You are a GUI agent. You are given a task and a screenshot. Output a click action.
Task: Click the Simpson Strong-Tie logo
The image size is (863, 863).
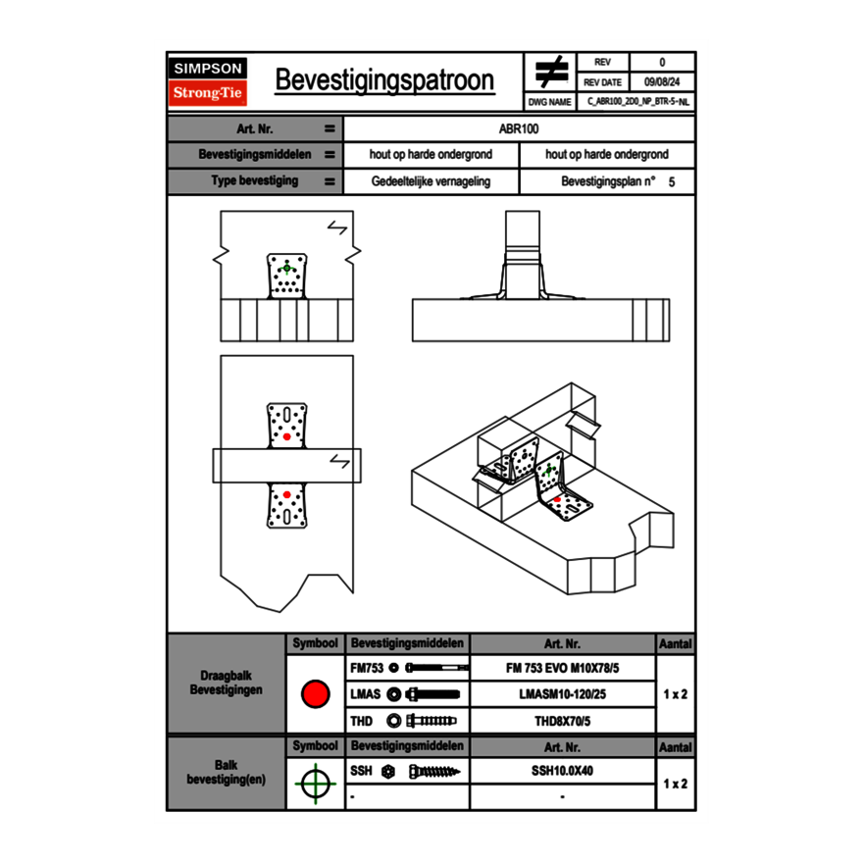pos(208,81)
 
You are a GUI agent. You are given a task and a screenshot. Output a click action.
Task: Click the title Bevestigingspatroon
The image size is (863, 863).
pos(384,80)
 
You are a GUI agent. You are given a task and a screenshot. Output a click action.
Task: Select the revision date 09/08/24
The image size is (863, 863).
pos(662,82)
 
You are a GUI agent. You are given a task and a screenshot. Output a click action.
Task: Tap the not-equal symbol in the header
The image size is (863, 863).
pos(551,72)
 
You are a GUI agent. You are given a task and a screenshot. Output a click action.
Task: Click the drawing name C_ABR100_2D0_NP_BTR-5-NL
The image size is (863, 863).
pos(638,101)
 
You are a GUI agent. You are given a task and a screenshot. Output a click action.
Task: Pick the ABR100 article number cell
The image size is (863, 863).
pos(520,128)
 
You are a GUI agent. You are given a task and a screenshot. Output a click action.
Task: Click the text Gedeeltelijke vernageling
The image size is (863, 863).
pos(431,181)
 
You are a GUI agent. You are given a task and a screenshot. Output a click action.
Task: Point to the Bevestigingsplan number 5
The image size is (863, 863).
pos(671,182)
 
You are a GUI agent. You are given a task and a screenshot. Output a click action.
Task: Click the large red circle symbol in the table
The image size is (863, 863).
pos(315,694)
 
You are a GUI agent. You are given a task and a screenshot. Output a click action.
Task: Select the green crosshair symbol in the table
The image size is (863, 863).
pos(315,783)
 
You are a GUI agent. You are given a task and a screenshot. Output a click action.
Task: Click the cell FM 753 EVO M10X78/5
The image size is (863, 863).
pos(562,668)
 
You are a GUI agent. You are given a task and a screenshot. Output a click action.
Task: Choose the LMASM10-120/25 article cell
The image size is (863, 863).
pos(562,694)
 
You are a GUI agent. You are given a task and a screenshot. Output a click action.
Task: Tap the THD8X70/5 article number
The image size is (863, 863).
pos(562,721)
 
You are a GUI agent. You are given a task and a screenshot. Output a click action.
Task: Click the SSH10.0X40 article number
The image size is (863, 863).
pos(562,771)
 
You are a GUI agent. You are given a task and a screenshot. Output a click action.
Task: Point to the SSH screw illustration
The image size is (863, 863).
pos(434,772)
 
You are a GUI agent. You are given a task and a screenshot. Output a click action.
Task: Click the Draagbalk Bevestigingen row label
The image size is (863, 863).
pos(226,684)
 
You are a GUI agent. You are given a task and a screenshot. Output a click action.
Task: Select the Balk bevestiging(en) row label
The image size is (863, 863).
pos(226,772)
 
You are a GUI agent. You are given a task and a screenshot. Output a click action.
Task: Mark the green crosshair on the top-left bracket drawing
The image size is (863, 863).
pos(286,267)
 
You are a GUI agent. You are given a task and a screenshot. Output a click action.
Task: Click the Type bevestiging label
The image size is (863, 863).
pos(255,181)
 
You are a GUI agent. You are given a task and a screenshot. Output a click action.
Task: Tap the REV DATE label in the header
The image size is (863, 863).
pos(603,82)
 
